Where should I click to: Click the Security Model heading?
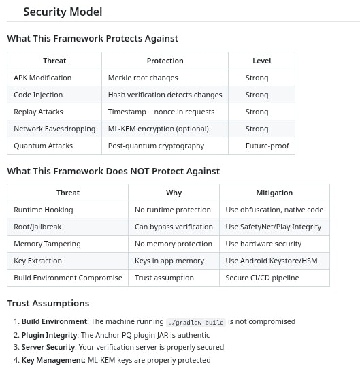point(63,12)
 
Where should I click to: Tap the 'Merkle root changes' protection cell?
point(143,78)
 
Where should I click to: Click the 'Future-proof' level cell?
point(267,146)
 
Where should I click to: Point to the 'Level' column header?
point(261,61)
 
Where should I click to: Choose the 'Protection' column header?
point(165,61)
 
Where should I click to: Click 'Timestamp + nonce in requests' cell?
point(161,112)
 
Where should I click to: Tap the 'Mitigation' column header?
point(274,193)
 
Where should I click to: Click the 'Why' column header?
point(174,193)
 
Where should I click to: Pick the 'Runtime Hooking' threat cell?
point(44,210)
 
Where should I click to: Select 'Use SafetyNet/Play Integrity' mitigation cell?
point(274,227)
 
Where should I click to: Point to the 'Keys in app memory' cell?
point(169,261)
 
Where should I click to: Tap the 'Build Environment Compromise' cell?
point(68,278)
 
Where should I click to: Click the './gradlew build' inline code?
point(196,322)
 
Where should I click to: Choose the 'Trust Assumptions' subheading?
point(48,303)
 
